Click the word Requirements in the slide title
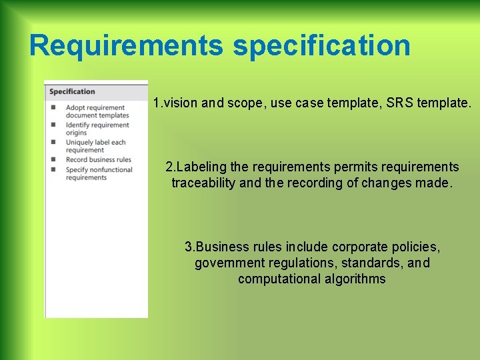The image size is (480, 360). (x=127, y=45)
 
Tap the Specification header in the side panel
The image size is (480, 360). (x=72, y=92)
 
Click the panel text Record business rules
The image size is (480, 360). (x=99, y=159)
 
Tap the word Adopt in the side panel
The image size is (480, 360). (x=75, y=107)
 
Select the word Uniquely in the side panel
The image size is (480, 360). (x=80, y=142)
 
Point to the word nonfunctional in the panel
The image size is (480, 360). (x=111, y=169)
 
